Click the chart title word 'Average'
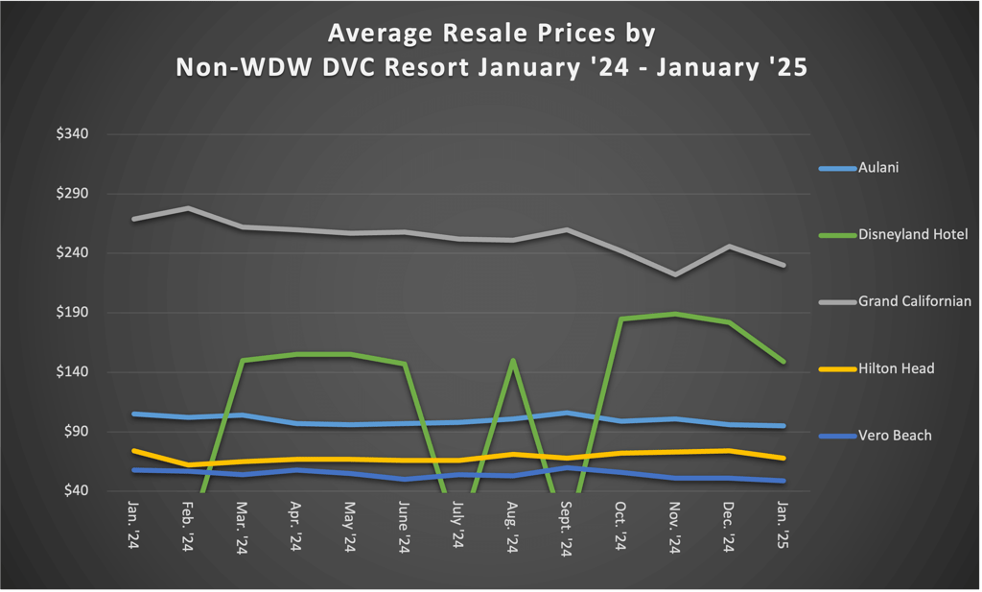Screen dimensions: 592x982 (377, 34)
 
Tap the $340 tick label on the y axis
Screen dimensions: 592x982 (73, 134)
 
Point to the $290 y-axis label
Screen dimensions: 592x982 (73, 194)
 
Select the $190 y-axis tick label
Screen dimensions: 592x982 (73, 313)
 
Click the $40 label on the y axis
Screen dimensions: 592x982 (73, 491)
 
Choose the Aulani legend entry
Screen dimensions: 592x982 (878, 168)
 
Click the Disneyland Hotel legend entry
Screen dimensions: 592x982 (912, 234)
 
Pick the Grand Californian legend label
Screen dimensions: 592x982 (914, 301)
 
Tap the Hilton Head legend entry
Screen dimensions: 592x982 (896, 368)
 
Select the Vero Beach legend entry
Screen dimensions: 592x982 (894, 436)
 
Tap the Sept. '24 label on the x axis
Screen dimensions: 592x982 (566, 529)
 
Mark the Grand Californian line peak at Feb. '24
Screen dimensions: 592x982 (188, 208)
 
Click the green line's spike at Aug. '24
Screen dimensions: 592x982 (513, 361)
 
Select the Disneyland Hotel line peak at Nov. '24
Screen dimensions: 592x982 (675, 314)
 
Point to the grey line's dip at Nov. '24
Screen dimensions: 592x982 (675, 274)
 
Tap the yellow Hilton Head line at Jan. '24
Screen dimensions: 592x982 (133, 450)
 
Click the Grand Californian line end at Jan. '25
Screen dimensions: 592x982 (783, 265)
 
